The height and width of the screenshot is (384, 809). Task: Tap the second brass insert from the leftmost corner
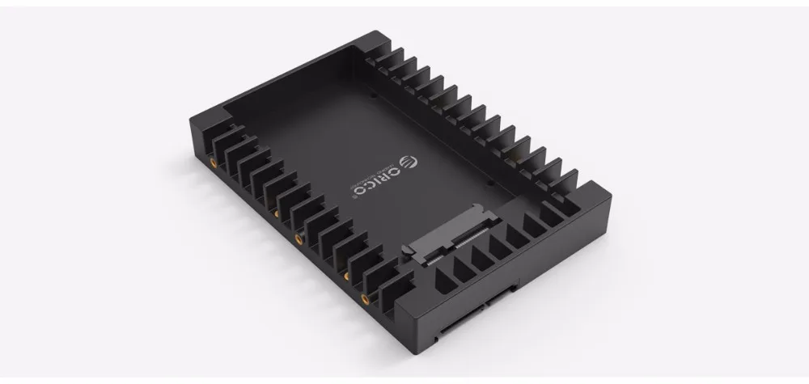click(275, 214)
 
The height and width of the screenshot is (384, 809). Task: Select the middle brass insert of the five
click(299, 239)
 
